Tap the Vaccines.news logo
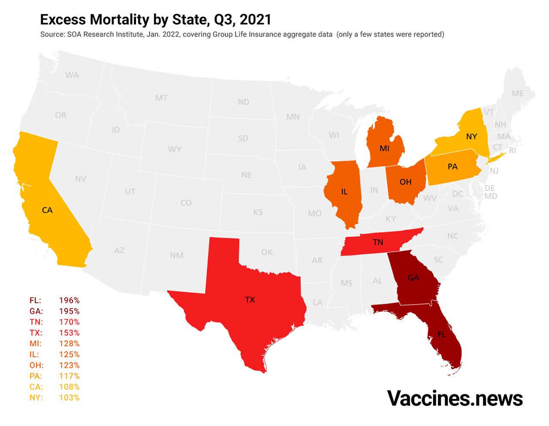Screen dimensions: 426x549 (x=455, y=398)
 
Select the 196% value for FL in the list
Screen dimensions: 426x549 (x=69, y=300)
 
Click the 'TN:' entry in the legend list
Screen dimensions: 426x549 (x=36, y=322)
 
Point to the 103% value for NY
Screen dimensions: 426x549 (x=69, y=398)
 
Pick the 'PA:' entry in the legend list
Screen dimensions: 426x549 (x=36, y=376)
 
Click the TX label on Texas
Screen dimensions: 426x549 (x=250, y=300)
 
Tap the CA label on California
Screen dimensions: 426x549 (x=47, y=210)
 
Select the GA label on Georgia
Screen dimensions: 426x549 (x=413, y=278)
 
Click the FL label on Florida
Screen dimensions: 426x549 (x=442, y=334)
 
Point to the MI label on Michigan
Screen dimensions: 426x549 (x=384, y=148)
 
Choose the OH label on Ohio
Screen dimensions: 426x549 (x=405, y=182)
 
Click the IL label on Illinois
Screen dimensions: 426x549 (x=344, y=192)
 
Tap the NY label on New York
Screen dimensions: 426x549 (x=471, y=136)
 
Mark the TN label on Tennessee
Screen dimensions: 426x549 (x=378, y=242)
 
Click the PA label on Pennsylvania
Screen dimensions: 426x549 (x=452, y=166)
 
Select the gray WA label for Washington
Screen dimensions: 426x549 (x=72, y=75)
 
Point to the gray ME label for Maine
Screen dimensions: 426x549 (x=518, y=94)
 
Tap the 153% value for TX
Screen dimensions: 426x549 (x=69, y=333)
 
